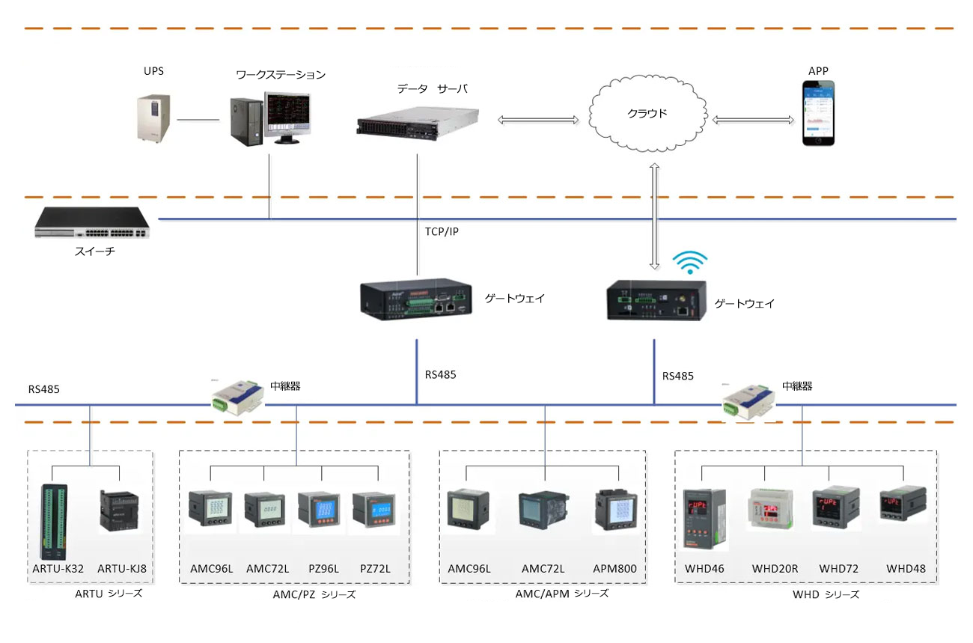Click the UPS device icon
tap(153, 118)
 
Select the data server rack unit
tap(418, 124)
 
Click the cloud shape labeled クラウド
tap(647, 113)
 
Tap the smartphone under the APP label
tap(818, 113)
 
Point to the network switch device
tap(92, 222)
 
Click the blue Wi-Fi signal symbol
tap(690, 262)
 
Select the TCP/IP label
tap(442, 231)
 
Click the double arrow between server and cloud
tap(538, 120)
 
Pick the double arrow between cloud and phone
tap(753, 120)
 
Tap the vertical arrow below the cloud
tap(655, 216)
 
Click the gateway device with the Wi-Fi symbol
tap(656, 301)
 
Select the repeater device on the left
tap(237, 397)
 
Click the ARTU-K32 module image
tap(55, 522)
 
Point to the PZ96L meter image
tap(320, 509)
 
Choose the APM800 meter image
tap(616, 510)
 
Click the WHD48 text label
tap(906, 569)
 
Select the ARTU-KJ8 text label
tap(122, 569)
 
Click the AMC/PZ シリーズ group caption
tap(314, 594)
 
